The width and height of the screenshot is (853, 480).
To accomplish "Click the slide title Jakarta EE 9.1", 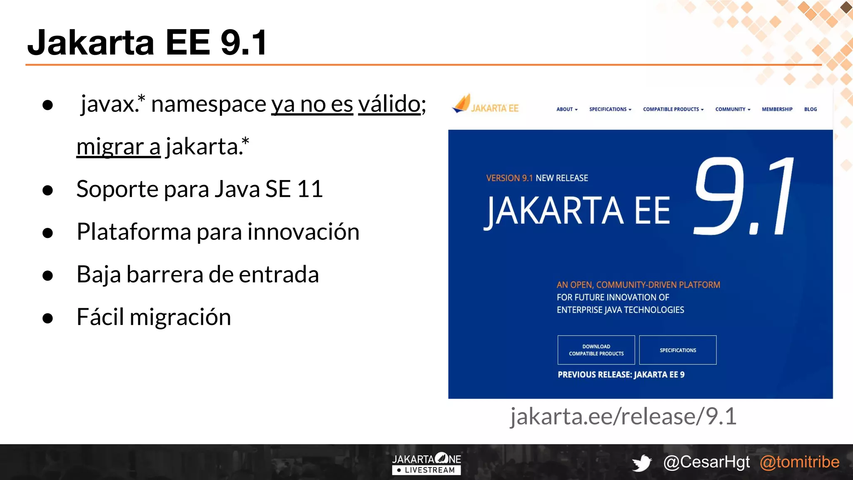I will (x=147, y=42).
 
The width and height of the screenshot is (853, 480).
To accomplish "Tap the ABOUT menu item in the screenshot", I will (x=566, y=109).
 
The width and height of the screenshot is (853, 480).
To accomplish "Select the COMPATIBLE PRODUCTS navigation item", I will (x=673, y=109).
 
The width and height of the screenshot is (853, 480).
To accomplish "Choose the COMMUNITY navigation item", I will (x=732, y=109).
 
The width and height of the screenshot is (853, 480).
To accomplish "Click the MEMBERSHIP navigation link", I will (x=777, y=109).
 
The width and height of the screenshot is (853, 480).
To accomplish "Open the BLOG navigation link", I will (x=810, y=109).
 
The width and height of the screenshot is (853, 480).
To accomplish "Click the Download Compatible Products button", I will (x=596, y=350).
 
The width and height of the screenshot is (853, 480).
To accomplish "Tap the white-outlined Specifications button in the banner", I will (x=678, y=350).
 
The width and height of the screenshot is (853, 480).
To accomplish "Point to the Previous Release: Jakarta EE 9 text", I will (x=621, y=375).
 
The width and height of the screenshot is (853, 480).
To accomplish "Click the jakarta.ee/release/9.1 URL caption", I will (x=624, y=416).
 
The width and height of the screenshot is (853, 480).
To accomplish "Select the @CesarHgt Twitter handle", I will (x=706, y=462).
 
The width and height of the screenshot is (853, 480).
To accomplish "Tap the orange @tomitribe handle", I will (x=799, y=462).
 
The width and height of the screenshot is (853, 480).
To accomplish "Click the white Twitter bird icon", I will (x=642, y=463).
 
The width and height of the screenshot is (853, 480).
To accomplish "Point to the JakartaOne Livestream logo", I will (x=426, y=463).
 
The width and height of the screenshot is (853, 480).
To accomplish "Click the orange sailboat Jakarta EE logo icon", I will (x=461, y=104).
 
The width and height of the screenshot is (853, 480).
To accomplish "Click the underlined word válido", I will (x=389, y=104).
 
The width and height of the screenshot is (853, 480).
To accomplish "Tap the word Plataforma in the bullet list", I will (x=134, y=232).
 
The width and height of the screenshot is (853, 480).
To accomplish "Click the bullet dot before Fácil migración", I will (x=48, y=318).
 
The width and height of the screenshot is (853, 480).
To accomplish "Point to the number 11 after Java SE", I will (x=310, y=189).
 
